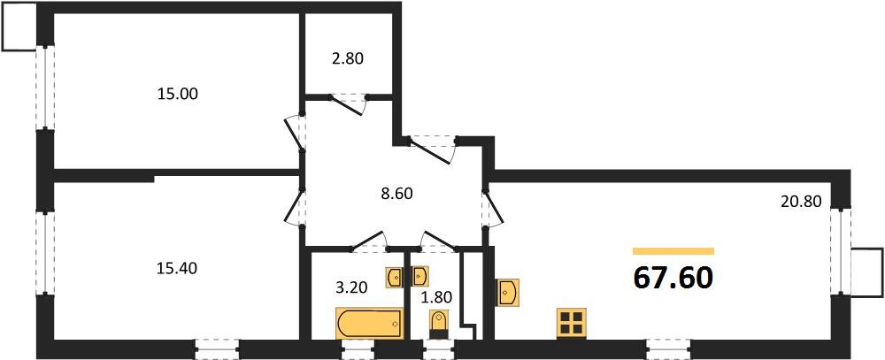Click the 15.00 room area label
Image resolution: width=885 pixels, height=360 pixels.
point(177,94)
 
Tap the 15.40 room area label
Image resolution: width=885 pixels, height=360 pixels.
point(177,269)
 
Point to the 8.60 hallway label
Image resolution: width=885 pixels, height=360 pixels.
point(396,194)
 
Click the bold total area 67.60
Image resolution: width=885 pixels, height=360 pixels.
point(673,278)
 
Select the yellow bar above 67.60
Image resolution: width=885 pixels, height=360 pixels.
point(673,251)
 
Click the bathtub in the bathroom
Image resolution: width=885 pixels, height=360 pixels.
point(370,324)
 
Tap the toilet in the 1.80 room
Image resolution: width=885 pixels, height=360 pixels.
point(438,325)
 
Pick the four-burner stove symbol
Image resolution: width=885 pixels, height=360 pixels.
point(571,324)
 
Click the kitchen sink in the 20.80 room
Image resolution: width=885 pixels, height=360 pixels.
point(507,293)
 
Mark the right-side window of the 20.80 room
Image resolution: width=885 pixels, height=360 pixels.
point(841,251)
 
